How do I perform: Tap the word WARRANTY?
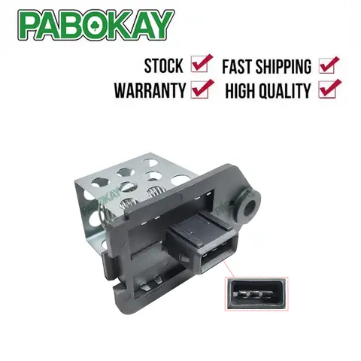149,91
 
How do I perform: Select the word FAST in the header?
242,65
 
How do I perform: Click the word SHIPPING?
290,65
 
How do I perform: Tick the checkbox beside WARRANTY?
201,89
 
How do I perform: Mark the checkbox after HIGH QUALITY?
330,89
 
